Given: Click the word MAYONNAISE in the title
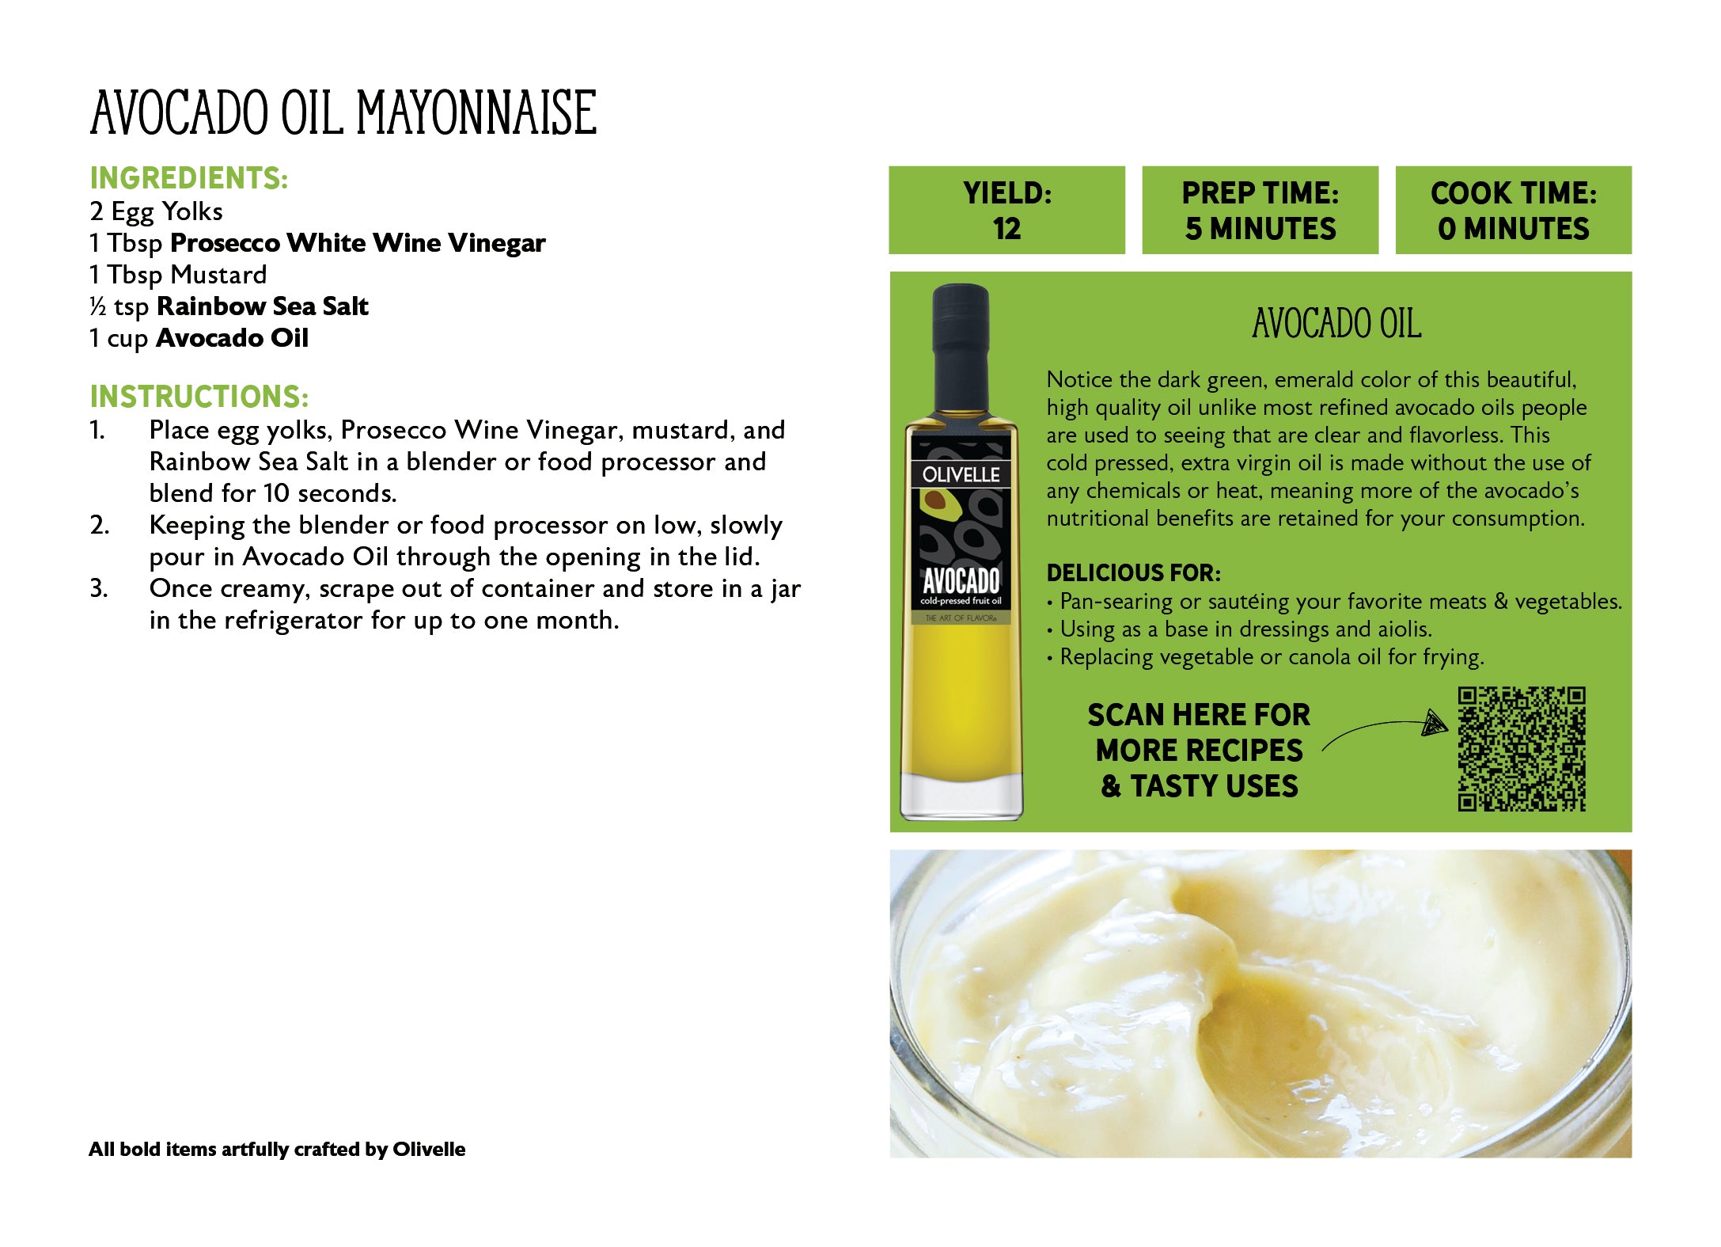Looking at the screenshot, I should coord(476,112).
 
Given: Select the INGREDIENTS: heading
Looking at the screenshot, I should coord(188,178).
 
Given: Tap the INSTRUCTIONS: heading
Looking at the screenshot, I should coord(199,397).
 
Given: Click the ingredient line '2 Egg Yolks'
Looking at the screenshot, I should coord(156,211).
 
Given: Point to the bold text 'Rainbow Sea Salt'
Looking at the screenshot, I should coord(262,306).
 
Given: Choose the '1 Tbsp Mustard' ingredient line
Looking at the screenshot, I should coord(178,275).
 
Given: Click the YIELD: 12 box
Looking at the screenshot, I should coord(1006,211).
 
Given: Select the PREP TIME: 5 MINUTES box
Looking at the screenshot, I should coord(1260,211).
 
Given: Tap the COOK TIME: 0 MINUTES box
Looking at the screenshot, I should coord(1513,211).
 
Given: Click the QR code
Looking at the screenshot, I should coord(1521,749).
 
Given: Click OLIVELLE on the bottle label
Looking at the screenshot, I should coord(961,475).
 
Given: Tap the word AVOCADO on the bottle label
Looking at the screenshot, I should coord(961,580).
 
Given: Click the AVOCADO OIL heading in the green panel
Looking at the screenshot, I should coord(1336,324).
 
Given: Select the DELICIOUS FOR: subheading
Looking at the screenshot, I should coord(1133,572).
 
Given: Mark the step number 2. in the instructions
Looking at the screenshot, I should coord(100,525).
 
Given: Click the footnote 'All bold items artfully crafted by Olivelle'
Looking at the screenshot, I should coord(277,1150).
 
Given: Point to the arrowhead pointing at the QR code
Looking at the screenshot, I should coord(1434,722).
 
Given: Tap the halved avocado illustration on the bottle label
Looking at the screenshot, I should coord(938,501).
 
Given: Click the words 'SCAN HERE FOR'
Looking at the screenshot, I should coord(1199,715).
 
